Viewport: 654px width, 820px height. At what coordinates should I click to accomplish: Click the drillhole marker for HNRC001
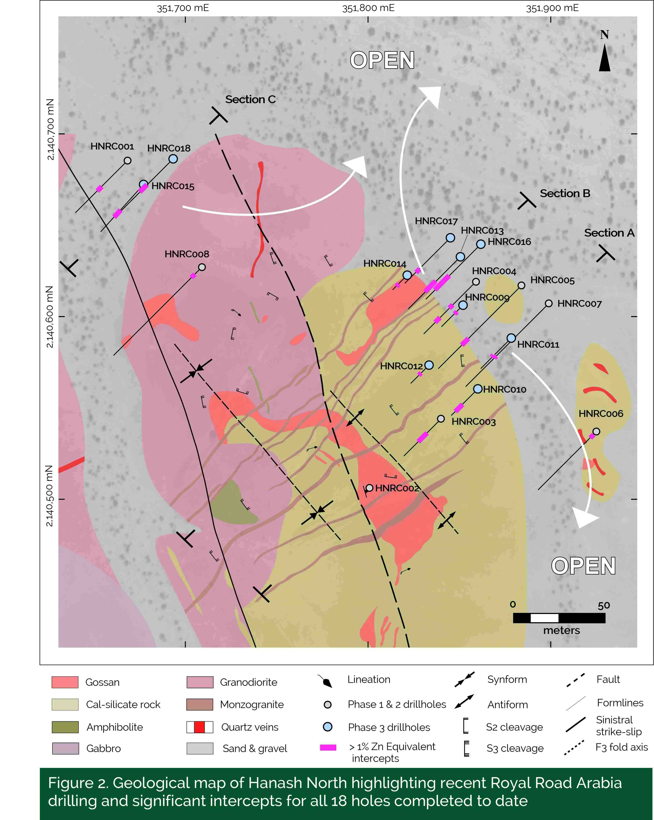pos(128,160)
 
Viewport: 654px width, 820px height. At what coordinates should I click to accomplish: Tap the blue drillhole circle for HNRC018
pos(173,159)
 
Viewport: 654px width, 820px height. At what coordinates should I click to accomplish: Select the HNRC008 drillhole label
pos(187,254)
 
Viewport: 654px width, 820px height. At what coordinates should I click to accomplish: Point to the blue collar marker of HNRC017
pos(451,238)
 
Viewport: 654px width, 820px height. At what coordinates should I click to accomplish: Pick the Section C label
pos(250,100)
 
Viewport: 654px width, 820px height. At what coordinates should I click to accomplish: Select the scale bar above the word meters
pos(559,618)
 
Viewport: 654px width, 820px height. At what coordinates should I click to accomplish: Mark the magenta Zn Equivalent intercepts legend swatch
pos(328,747)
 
